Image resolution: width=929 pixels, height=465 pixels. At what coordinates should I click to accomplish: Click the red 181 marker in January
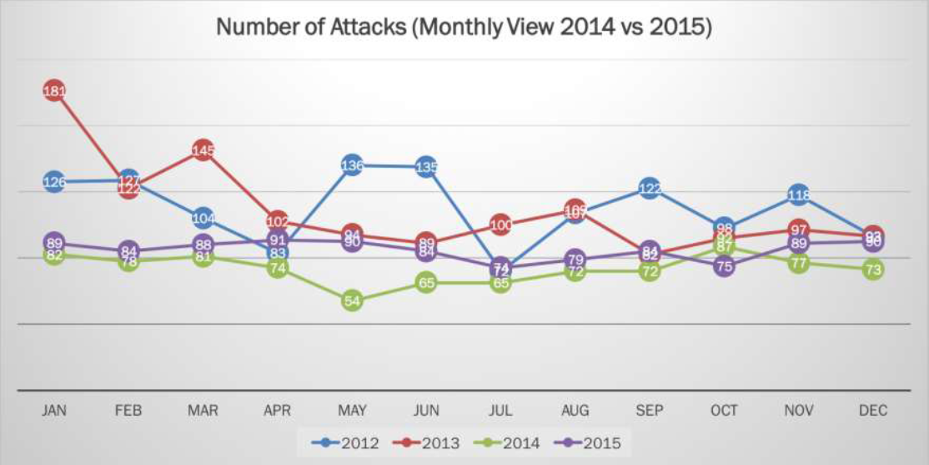[x=54, y=90]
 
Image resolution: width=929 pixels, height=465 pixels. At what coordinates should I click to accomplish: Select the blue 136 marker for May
[x=352, y=165]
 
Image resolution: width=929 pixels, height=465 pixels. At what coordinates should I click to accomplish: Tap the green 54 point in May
[x=352, y=301]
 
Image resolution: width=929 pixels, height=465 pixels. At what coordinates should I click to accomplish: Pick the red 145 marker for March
[x=203, y=150]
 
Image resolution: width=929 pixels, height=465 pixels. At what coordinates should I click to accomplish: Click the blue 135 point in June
[x=426, y=167]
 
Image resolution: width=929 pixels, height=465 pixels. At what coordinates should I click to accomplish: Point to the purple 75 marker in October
[x=725, y=266]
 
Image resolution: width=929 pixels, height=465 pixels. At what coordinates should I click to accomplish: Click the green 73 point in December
[x=872, y=270]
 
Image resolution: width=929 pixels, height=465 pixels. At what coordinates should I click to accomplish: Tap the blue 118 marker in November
[x=799, y=195]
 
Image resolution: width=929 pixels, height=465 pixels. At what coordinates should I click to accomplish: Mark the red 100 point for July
[x=501, y=224]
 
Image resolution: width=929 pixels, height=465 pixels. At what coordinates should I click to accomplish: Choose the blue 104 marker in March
[x=203, y=219]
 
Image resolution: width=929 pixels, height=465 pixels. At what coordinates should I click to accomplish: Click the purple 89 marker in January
[x=54, y=243]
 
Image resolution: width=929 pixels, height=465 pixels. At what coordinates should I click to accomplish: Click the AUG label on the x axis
[x=575, y=410]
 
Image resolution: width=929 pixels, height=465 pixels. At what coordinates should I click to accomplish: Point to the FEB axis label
[x=128, y=410]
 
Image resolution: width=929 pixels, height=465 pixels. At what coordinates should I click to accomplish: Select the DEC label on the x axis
[x=872, y=410]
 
